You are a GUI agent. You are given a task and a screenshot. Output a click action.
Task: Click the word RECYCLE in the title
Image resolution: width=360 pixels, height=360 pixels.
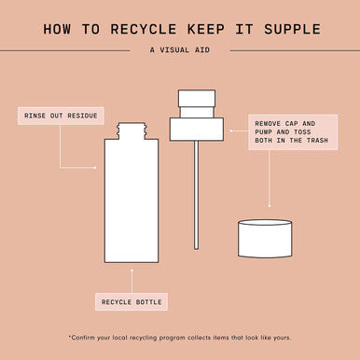[x=144, y=29]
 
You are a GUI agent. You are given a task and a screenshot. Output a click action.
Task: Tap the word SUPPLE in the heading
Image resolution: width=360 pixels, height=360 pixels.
[x=292, y=29]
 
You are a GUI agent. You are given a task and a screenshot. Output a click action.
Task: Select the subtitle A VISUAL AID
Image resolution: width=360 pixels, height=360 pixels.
[x=180, y=49]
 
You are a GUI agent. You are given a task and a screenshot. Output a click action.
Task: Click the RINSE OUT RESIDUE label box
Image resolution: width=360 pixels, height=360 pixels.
[x=61, y=116]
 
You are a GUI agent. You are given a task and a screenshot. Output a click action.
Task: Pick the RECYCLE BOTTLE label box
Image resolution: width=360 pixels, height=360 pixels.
[x=132, y=302]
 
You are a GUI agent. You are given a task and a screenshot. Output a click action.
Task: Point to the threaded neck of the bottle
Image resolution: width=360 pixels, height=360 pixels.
[x=132, y=131]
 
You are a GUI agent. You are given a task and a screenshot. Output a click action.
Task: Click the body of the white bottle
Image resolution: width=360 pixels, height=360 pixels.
[x=132, y=201]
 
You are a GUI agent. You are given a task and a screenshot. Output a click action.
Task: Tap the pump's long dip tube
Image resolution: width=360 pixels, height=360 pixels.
[x=196, y=195]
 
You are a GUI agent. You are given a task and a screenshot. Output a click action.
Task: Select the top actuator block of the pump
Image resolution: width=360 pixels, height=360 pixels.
[x=197, y=98]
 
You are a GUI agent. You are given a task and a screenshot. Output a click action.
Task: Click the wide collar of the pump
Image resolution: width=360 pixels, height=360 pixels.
[x=197, y=130]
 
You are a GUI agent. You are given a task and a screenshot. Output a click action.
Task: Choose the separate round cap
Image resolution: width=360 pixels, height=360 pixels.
[x=265, y=239]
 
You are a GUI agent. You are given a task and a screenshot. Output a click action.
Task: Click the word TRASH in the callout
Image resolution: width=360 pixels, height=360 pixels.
[x=317, y=141]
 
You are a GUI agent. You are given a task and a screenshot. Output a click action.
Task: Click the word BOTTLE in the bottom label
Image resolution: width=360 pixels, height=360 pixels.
[x=149, y=302]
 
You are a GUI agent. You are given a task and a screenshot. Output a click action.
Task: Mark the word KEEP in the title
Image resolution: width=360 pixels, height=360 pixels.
[x=206, y=29]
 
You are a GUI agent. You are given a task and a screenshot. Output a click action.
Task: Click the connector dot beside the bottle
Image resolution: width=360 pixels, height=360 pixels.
[x=95, y=168]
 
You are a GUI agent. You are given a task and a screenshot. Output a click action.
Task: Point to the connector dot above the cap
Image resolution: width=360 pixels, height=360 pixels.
[x=270, y=206]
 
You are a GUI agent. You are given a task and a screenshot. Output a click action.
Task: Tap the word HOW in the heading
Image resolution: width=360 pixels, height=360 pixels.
[x=57, y=29]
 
